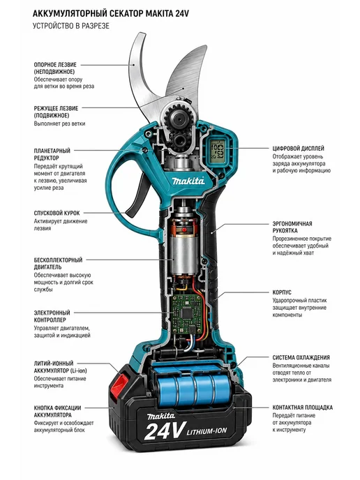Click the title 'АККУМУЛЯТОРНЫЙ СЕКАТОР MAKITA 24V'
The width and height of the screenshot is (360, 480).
click(110, 14)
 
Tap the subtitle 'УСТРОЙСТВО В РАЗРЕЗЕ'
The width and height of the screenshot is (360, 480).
click(71, 26)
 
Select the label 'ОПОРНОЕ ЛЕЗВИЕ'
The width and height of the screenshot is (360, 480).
click(55, 65)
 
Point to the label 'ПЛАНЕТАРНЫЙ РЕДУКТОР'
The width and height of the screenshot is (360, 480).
click(52, 154)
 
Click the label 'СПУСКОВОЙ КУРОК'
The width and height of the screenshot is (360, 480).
click(57, 213)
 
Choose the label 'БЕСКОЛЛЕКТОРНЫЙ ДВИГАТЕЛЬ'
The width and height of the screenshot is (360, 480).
click(58, 264)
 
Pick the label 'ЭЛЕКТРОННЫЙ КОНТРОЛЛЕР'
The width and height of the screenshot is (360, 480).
click(52, 316)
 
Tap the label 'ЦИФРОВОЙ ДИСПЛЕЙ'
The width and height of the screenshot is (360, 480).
click(298, 149)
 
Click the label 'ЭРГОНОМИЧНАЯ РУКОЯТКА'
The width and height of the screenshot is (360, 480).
click(292, 227)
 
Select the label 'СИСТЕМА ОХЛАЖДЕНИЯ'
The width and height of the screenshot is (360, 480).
click(301, 357)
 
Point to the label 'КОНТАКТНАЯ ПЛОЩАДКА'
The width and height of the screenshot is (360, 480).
click(303, 407)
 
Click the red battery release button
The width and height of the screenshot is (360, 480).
click(120, 383)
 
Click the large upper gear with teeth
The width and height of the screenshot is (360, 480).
click(177, 117)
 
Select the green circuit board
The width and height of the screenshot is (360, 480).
click(186, 313)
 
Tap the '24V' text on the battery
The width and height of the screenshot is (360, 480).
click(165, 430)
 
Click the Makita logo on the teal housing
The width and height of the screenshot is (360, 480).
click(188, 181)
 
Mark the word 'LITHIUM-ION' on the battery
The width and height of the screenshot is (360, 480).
click(207, 431)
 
